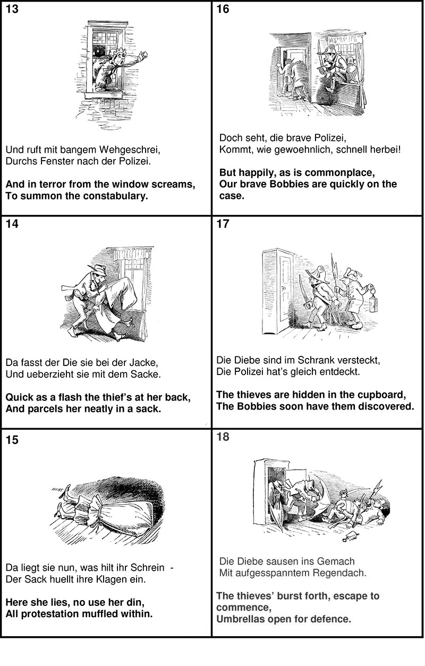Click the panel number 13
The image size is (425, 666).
pos(12,9)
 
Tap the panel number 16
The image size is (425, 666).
pos(223,10)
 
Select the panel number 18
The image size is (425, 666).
pos(223,437)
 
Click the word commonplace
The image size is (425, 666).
pos(338,173)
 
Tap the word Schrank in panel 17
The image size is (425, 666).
pos(319,360)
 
